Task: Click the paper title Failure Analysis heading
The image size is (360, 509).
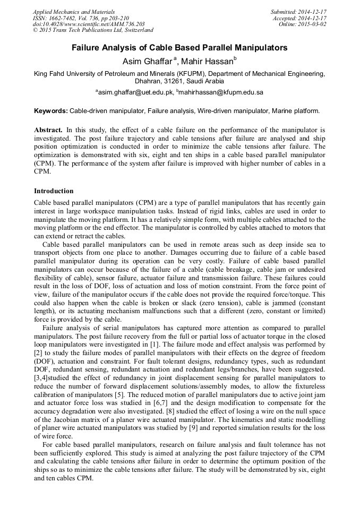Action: click(179, 48)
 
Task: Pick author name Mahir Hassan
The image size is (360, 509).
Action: click(207, 61)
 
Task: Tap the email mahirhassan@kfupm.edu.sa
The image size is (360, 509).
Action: click(221, 92)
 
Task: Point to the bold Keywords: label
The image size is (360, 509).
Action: click(51, 111)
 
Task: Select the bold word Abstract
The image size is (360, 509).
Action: click(48, 130)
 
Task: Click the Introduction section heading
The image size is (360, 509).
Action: click(54, 191)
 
